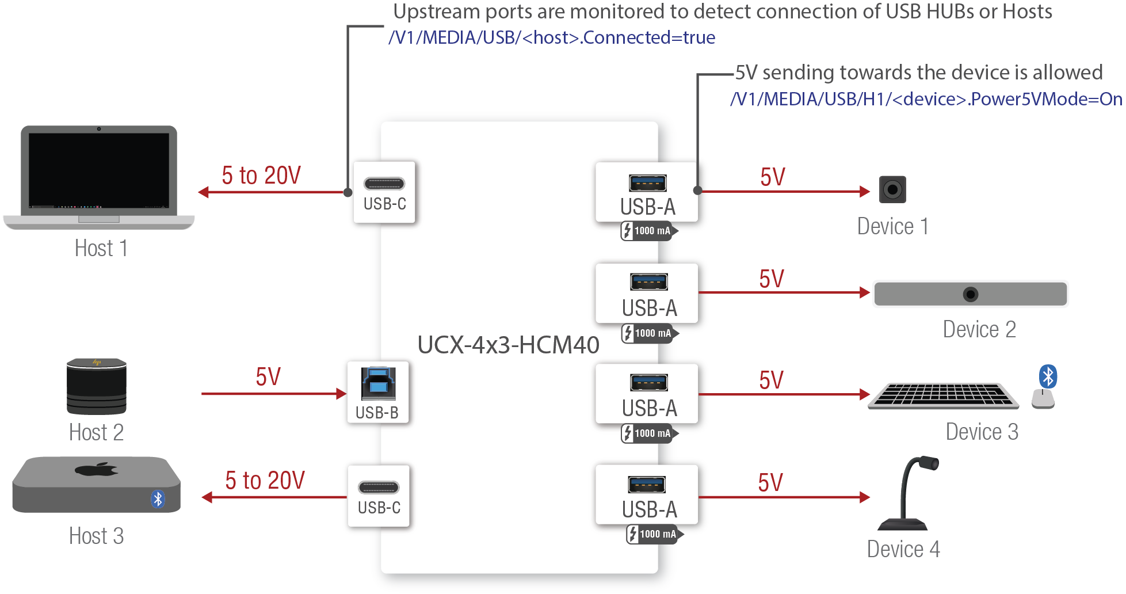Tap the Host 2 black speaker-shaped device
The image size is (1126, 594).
pyautogui.click(x=96, y=386)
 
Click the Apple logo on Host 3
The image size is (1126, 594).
pyautogui.click(x=96, y=470)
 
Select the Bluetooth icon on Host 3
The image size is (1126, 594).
pyautogui.click(x=158, y=498)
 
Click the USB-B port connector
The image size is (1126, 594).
pyautogui.click(x=378, y=383)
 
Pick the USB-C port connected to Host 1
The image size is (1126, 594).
pyautogui.click(x=384, y=184)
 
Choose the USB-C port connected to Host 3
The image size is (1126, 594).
pyautogui.click(x=379, y=488)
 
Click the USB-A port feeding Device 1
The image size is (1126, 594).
pyautogui.click(x=648, y=183)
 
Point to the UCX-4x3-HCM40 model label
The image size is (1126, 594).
pyautogui.click(x=508, y=345)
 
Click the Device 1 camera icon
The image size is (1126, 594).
pyautogui.click(x=892, y=189)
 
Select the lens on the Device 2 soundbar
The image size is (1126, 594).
pyautogui.click(x=970, y=295)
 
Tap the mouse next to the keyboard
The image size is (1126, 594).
pyautogui.click(x=1043, y=398)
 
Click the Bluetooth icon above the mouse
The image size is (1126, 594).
pyautogui.click(x=1048, y=376)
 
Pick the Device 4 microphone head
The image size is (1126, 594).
pyautogui.click(x=927, y=463)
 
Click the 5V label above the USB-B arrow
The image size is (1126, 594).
pyautogui.click(x=268, y=377)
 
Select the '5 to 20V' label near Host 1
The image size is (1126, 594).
pyautogui.click(x=261, y=176)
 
